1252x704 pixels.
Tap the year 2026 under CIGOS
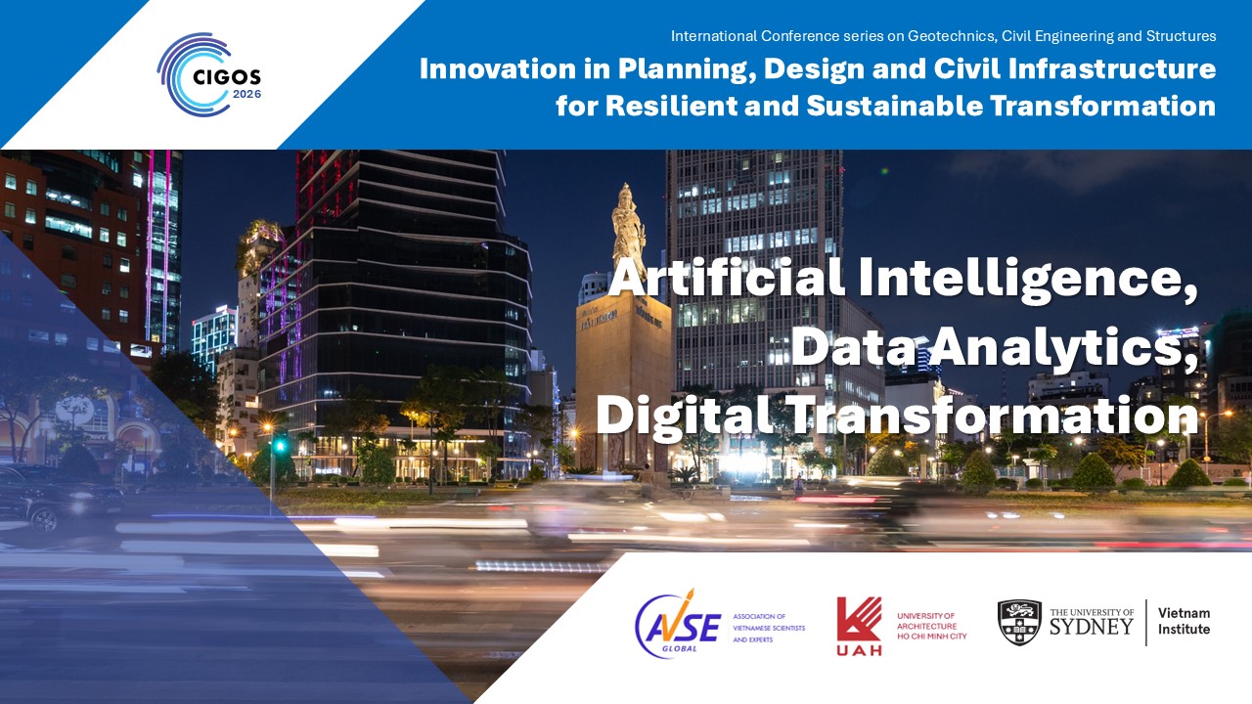point(246,94)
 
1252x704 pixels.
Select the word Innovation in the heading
point(498,68)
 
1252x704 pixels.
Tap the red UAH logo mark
point(859,626)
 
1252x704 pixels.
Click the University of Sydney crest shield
point(1019,623)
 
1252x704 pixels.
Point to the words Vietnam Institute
point(1184,621)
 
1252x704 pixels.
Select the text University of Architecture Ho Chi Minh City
point(932,626)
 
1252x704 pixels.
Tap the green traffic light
point(280,446)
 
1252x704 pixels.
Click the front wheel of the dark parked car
point(45,519)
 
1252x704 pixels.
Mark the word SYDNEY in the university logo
point(1091,627)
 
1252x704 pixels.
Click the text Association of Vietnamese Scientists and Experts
point(769,628)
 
